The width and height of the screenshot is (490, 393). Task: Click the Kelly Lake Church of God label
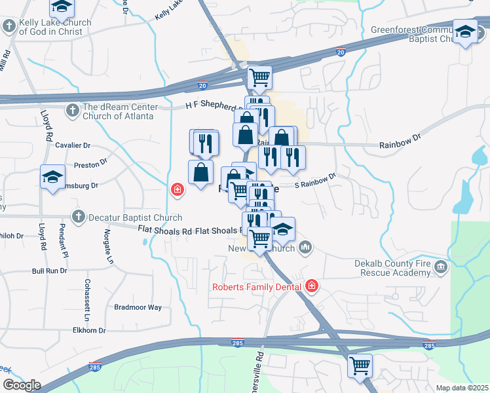[55, 27]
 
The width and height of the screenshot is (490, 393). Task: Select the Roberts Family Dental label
[257, 286]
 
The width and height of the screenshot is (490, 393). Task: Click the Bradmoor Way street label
[138, 307]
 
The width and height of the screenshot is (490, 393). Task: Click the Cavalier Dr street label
[73, 145]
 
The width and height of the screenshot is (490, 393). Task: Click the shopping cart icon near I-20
[260, 77]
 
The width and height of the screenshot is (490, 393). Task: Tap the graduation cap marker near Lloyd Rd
[52, 177]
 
